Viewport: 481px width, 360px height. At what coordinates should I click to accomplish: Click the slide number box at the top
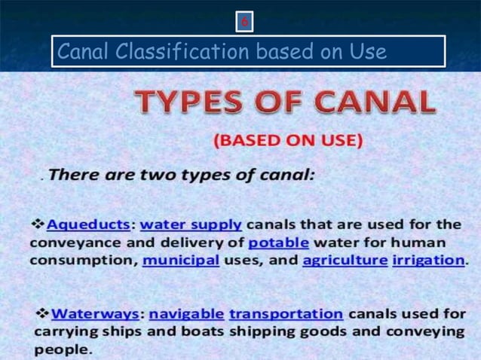pyautogui.click(x=244, y=23)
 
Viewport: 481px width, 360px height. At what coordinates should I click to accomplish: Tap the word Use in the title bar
pyautogui.click(x=368, y=52)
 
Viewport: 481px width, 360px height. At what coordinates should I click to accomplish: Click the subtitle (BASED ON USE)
pyautogui.click(x=289, y=140)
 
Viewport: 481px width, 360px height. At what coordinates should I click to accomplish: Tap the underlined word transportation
pyautogui.click(x=286, y=313)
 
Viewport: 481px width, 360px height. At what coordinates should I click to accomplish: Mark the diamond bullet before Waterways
pyautogui.click(x=43, y=313)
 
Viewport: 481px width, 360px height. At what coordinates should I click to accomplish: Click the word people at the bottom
pyautogui.click(x=63, y=350)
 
